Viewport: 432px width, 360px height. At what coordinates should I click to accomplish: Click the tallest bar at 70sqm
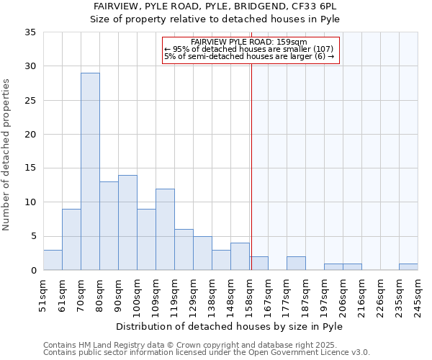90,171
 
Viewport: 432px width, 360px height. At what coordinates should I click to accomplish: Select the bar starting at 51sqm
53,260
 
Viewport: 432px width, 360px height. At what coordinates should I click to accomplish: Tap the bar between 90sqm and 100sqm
127,222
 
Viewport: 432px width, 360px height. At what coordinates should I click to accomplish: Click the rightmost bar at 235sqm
408,266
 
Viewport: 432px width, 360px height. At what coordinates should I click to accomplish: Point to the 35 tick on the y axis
31,32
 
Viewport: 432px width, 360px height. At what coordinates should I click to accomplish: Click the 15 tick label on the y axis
31,168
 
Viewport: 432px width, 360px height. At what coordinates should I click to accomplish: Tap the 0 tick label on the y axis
33,271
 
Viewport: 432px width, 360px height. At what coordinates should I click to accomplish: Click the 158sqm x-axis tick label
250,295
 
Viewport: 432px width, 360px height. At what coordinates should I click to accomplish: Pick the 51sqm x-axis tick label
44,295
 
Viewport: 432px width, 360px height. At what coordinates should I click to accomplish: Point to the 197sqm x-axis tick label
325,295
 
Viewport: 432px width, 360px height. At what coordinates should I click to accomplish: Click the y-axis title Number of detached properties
7,155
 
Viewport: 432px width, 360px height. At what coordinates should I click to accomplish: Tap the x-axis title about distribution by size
230,326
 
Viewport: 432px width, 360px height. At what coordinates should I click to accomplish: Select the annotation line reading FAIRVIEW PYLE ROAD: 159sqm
250,42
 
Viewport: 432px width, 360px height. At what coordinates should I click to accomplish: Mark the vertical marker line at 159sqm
251,180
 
